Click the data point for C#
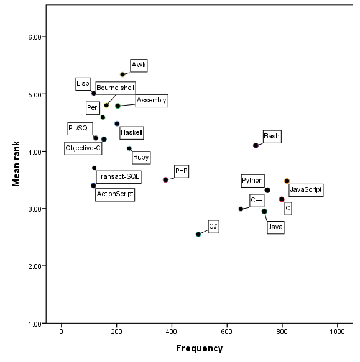pos(198,234)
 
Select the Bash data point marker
pos(256,145)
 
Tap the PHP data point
pos(165,179)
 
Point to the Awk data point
pos(122,75)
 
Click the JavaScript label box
pos(306,189)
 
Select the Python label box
pos(252,181)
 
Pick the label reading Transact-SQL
pos(118,177)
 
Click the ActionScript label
pos(115,194)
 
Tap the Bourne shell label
pos(115,88)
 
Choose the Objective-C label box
pos(83,148)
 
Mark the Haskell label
pos(131,132)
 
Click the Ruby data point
pos(129,148)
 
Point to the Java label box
pos(275,227)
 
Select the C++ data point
pos(241,209)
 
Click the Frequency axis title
pos(199,349)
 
